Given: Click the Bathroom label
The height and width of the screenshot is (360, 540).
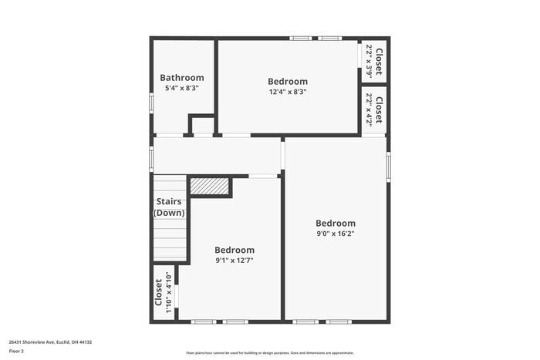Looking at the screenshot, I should tap(182, 77).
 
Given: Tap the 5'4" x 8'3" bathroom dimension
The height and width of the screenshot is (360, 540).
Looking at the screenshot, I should tap(182, 88).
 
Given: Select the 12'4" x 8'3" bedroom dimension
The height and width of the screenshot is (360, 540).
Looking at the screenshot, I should tap(288, 92).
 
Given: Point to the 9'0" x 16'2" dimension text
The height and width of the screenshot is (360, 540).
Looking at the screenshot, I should tap(336, 234).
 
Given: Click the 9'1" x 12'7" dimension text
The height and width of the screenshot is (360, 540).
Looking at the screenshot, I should tap(235, 261).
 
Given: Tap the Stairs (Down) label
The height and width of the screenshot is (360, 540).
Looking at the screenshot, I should tap(170, 207).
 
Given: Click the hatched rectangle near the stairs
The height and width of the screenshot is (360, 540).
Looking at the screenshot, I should tap(210, 187).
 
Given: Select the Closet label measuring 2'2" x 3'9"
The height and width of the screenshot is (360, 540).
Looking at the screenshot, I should tap(380, 60).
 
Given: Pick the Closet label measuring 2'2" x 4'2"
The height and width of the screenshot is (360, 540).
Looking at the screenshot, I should tap(380, 109).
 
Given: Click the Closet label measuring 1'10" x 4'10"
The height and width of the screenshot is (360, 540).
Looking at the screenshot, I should tap(160, 293).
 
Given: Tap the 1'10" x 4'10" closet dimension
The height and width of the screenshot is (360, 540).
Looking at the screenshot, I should tap(169, 293).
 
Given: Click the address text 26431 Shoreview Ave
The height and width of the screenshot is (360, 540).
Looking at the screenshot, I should tap(50, 341).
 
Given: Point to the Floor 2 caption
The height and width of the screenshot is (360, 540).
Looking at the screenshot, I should tap(16, 351).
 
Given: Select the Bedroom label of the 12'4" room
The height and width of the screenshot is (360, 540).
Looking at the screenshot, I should tap(288, 82).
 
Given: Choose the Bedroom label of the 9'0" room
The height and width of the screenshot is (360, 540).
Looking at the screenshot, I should tap(336, 224).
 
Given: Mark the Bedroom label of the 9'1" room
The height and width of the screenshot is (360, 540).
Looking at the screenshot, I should tap(235, 250).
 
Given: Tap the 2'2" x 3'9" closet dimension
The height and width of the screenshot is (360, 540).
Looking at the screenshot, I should tap(370, 60).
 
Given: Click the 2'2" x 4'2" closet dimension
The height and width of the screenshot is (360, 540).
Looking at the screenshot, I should tap(370, 109).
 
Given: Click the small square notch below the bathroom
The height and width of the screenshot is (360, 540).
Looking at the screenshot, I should tap(202, 126).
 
